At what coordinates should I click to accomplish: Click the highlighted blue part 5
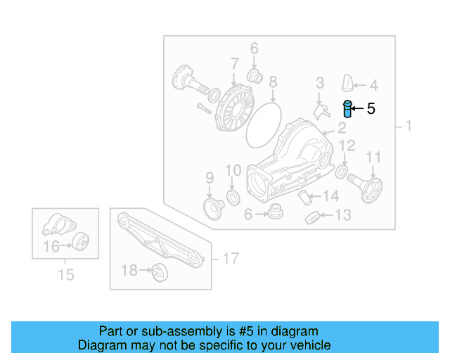pos(347,109)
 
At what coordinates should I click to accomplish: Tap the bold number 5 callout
pos(371,109)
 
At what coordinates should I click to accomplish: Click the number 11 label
pos(373,157)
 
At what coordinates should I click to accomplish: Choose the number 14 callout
pos(331,196)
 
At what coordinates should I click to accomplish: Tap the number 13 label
pos(342,216)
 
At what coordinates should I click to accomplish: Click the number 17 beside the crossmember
pos(231,259)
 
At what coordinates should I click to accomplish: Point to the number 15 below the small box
pos(65,275)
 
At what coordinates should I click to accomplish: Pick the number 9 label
pos(209,176)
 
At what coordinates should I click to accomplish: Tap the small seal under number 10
pos(232,195)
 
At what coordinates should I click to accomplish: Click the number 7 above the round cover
pos(233,65)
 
